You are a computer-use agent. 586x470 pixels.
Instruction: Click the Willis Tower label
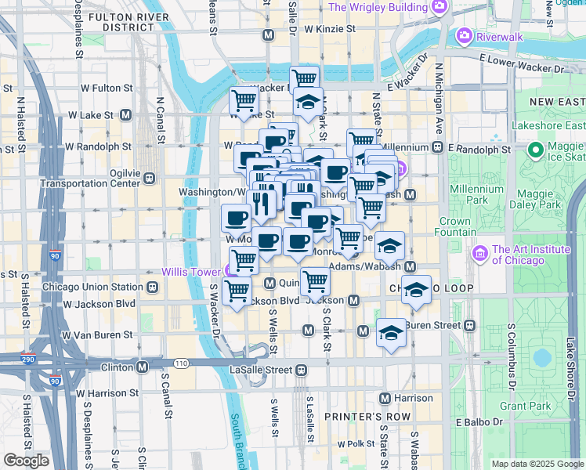(190, 272)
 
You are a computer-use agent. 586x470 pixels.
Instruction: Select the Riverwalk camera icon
(465, 35)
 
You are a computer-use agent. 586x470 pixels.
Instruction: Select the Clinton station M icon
(143, 367)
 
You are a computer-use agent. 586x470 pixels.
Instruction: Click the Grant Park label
(525, 406)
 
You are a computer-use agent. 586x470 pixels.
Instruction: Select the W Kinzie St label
(330, 28)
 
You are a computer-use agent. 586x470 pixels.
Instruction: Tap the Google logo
(26, 460)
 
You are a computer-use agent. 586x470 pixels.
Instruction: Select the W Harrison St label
(103, 392)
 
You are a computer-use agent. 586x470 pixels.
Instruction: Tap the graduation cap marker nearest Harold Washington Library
(391, 332)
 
